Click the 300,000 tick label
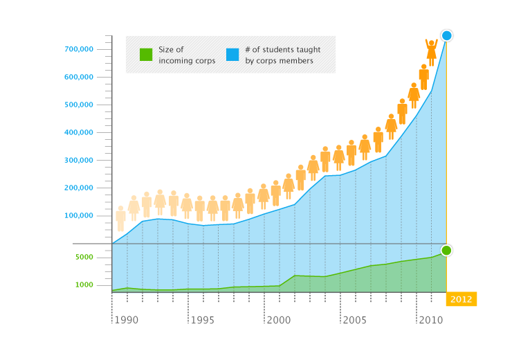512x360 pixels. coord(80,160)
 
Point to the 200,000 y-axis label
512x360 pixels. coord(80,188)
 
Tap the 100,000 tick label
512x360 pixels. coord(80,215)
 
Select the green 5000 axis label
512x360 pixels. coord(84,257)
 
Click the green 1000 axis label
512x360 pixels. coord(84,285)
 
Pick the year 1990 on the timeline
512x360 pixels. coord(127,321)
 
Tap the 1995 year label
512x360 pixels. coord(203,321)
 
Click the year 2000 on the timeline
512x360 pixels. coord(279,321)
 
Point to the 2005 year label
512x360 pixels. coord(355,321)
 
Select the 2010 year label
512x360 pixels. coord(431,321)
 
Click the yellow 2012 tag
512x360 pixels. coord(461,299)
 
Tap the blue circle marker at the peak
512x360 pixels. coord(447,35)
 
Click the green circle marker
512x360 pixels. coord(446,250)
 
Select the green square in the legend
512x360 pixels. coord(146,55)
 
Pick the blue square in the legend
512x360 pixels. coord(232,55)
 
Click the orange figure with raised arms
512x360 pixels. coord(432,52)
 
